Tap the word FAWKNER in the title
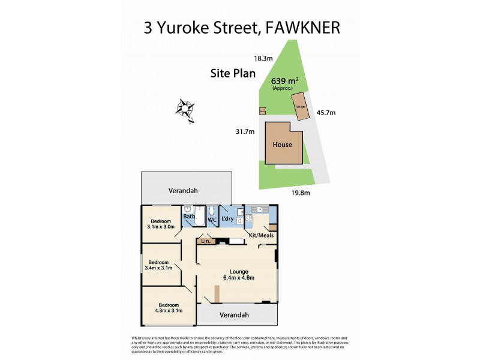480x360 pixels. point(299,28)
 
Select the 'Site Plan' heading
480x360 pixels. point(233,74)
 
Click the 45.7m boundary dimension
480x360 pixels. point(326,112)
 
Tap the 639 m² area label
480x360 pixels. point(285,81)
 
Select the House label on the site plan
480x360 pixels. point(282,145)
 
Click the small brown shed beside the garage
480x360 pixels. point(262,110)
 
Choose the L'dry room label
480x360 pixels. point(227,219)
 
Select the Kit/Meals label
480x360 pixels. point(261,235)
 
